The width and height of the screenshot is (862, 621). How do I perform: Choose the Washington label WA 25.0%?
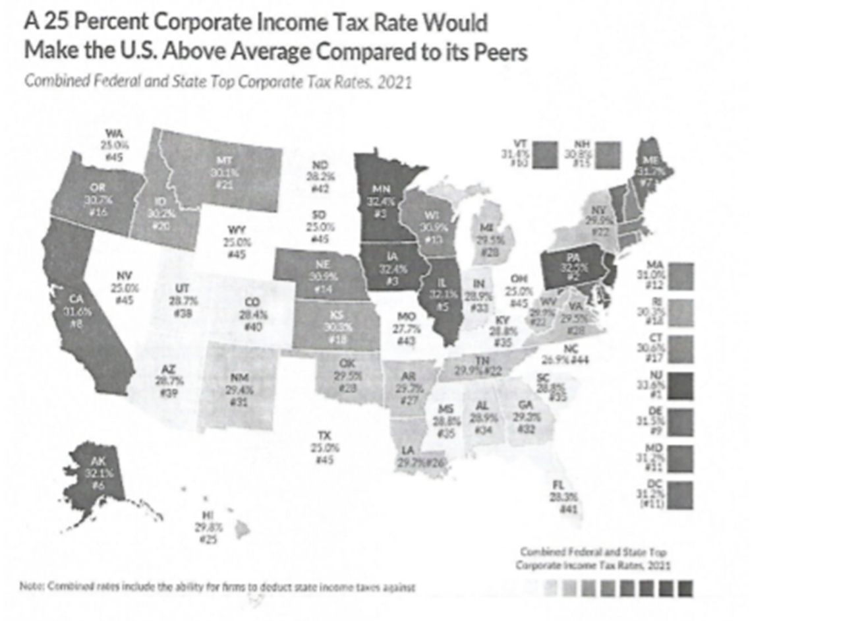pyautogui.click(x=114, y=144)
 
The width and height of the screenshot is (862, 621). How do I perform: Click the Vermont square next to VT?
pyautogui.click(x=547, y=155)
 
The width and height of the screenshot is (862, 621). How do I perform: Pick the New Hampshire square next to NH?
pyautogui.click(x=608, y=155)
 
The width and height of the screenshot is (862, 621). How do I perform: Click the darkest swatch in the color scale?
pyautogui.click(x=685, y=588)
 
